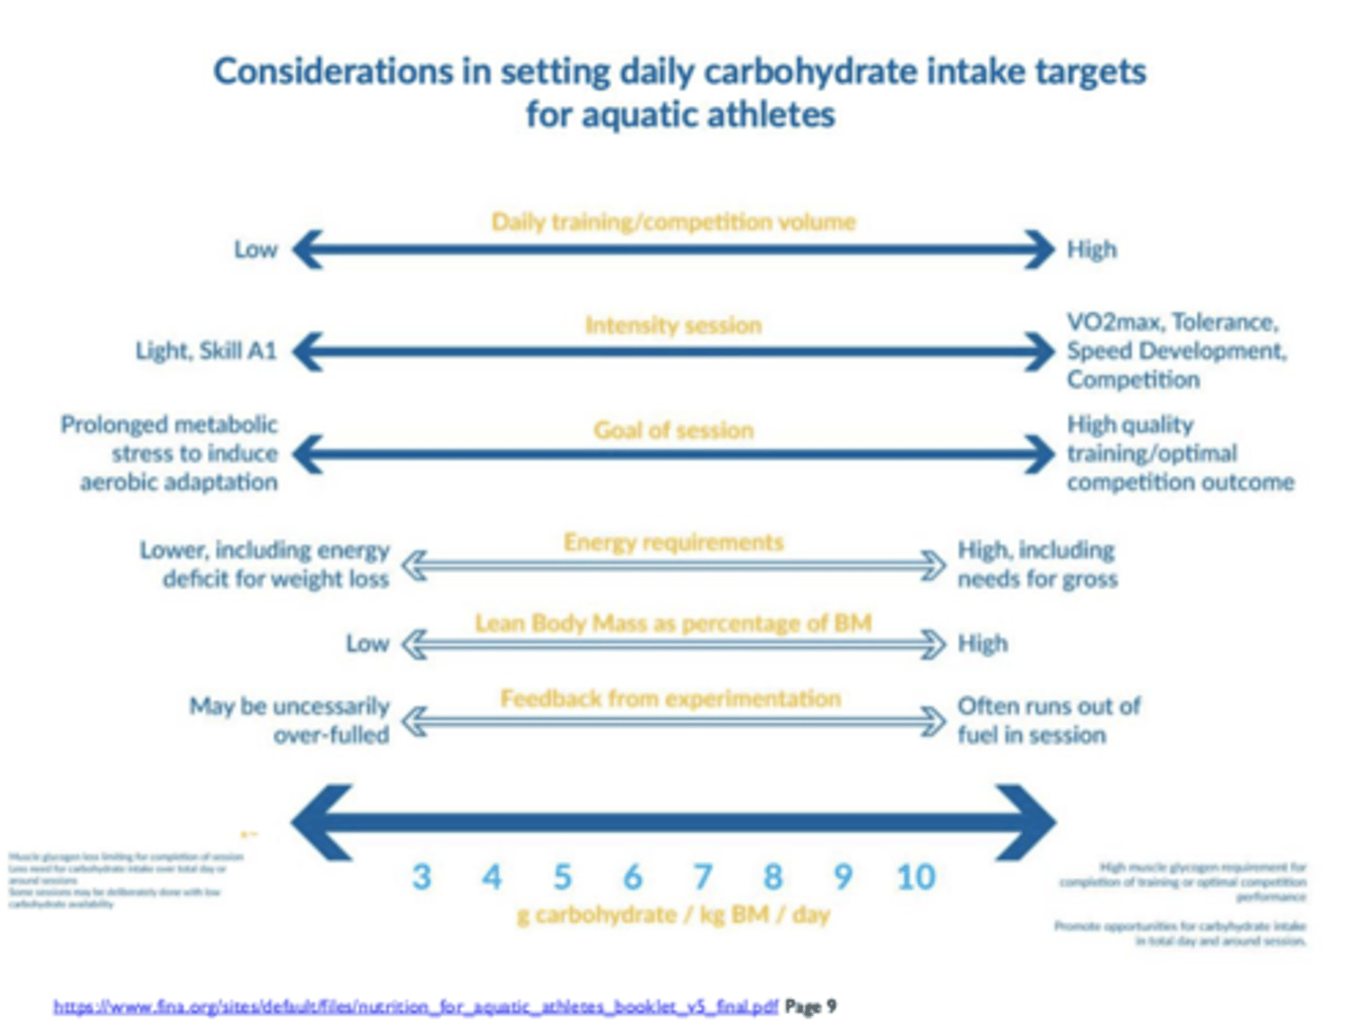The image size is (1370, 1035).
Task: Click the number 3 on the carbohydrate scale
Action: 421,876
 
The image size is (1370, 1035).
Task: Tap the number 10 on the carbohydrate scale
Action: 915,876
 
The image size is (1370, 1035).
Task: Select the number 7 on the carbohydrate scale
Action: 702,876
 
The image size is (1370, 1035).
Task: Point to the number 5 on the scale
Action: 562,876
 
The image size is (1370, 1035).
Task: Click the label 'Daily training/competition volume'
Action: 673,222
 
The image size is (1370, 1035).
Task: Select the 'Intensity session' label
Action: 673,325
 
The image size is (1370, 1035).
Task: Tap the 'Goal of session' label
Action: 673,430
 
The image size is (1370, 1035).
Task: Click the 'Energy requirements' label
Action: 673,542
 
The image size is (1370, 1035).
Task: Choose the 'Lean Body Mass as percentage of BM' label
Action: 673,623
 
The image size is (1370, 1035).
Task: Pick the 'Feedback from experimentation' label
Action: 671,699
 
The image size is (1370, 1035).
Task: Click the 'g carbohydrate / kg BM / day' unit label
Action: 673,915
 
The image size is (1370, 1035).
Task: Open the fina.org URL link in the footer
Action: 415,1006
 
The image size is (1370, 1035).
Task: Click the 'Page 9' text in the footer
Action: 811,1006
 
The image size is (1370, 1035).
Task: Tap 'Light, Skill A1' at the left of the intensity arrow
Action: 205,351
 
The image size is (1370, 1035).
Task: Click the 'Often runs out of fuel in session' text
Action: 1047,720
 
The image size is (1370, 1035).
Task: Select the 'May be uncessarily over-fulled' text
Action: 289,720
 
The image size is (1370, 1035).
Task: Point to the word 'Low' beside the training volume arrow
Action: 255,249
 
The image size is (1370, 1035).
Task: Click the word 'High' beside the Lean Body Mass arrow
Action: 982,644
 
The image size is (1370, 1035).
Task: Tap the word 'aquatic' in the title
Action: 636,115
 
